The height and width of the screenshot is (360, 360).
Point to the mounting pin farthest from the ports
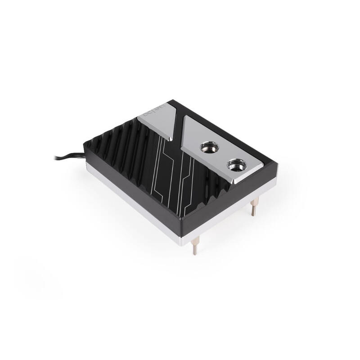194,247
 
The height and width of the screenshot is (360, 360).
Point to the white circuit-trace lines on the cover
169,180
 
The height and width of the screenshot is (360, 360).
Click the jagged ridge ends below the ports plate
234,191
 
